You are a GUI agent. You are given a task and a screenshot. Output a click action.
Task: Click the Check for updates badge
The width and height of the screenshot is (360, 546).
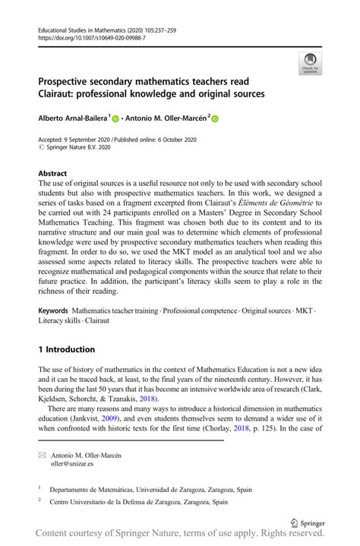click(309, 63)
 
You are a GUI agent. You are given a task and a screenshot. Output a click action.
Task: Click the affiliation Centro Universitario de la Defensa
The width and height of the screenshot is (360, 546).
click(141, 501)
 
